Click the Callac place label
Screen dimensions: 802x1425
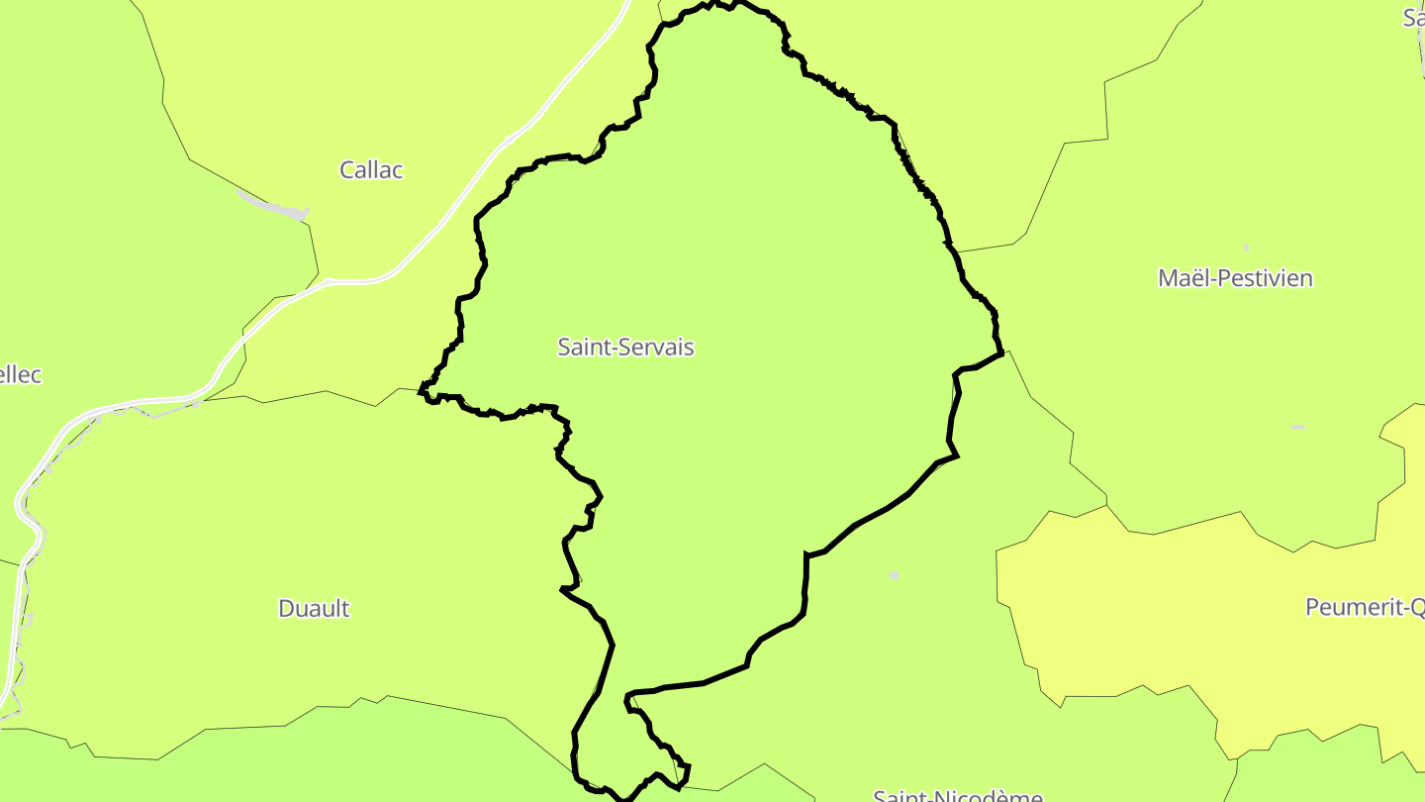pos(371,169)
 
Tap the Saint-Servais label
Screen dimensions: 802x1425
pos(625,347)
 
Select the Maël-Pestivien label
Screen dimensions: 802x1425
pos(1235,278)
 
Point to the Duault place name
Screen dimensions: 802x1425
pos(314,608)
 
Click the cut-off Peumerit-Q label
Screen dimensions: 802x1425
pos(1365,607)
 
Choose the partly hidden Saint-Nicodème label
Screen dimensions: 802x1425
pos(957,795)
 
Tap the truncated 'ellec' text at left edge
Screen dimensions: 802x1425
pos(21,375)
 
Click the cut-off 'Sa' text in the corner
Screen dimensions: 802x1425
pos(1413,17)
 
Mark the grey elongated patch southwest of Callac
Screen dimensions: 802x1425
pos(275,207)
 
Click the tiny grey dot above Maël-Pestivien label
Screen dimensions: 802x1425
pos(1246,247)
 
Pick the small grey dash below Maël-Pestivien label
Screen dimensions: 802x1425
pos(1298,427)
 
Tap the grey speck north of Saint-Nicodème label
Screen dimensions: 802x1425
pos(895,575)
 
